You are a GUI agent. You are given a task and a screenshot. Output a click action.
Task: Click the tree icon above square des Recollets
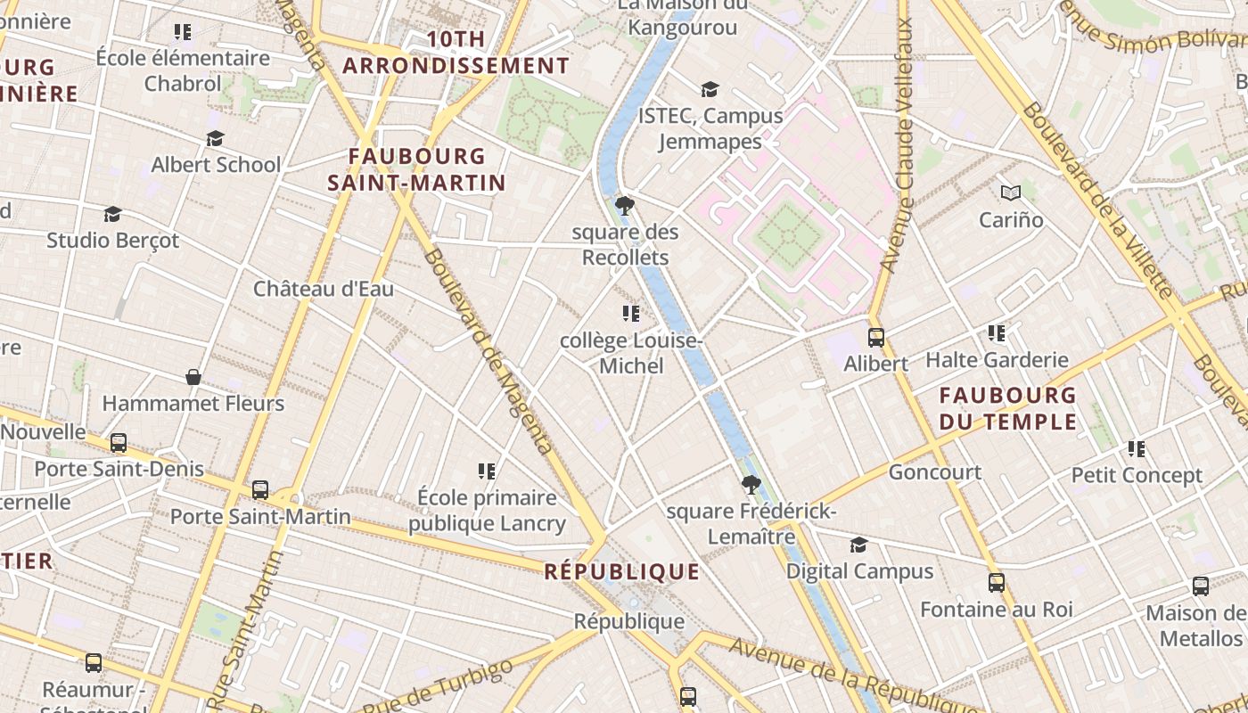tap(625, 206)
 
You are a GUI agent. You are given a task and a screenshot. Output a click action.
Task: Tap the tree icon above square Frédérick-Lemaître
tap(751, 485)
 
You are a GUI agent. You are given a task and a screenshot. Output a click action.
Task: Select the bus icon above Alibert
tap(876, 338)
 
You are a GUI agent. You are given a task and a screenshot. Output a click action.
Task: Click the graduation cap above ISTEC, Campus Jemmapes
tap(710, 89)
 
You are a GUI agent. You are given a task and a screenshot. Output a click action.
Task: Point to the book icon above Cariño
tap(1010, 193)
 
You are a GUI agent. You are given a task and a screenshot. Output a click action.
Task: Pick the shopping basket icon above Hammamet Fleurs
tap(193, 377)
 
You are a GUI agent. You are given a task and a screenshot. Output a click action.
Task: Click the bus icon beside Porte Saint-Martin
tap(260, 489)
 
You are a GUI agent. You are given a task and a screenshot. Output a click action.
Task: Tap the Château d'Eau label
tap(324, 289)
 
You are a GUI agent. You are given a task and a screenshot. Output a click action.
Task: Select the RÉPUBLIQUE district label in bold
tap(622, 571)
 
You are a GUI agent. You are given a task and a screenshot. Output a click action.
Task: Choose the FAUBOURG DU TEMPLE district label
tap(1008, 407)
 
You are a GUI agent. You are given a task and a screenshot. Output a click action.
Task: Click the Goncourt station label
tap(935, 471)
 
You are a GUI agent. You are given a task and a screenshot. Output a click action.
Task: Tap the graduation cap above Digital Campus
tap(858, 545)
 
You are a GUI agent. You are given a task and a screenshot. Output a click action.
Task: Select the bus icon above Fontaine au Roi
tap(997, 583)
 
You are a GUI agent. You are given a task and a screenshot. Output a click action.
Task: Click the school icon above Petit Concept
tap(1136, 448)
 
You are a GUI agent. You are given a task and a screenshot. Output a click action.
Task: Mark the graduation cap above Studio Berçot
tap(112, 214)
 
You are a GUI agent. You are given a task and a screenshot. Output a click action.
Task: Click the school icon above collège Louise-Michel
tap(631, 314)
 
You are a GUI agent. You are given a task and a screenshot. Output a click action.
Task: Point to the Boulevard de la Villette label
tap(1097, 201)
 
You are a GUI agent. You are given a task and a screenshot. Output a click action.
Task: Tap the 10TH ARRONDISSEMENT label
tap(456, 53)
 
